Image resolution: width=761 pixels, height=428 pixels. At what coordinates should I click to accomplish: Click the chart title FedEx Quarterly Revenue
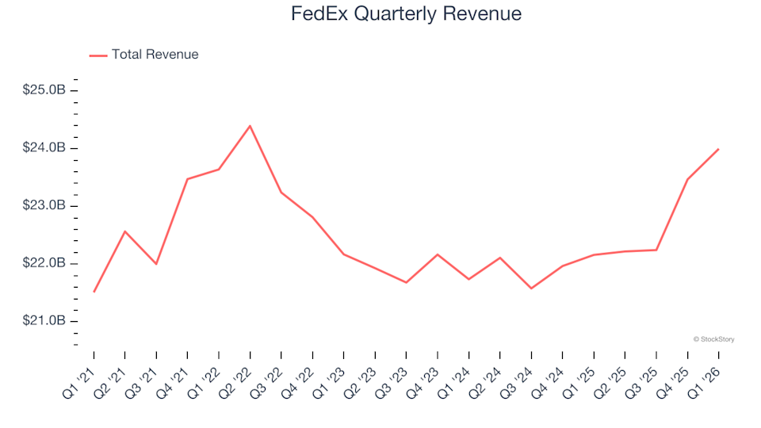point(407,14)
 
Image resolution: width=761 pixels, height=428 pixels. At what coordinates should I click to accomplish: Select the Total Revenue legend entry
point(143,55)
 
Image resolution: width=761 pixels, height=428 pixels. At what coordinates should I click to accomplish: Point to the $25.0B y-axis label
point(44,90)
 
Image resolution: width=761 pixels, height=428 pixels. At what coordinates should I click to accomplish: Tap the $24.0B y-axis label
point(44,148)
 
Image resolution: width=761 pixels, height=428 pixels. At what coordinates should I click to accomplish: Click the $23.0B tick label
point(44,206)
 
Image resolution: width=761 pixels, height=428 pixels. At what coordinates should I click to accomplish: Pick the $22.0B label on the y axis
point(44,263)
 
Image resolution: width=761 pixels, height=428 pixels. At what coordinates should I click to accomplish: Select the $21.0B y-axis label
point(44,321)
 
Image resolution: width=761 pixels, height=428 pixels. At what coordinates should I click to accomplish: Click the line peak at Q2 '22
point(250,126)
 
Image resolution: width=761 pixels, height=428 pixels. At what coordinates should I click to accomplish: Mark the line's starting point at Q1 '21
point(94,292)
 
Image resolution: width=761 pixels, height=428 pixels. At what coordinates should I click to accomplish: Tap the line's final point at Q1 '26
point(718,149)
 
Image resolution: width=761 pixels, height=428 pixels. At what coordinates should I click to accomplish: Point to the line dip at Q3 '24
point(531,289)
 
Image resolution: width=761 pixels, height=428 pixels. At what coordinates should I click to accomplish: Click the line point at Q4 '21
point(187,179)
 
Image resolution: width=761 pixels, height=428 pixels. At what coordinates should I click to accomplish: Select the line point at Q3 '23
point(406,282)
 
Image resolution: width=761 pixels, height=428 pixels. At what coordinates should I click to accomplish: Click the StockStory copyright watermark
point(713,339)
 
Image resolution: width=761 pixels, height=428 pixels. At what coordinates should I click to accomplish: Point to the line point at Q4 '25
point(687,179)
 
